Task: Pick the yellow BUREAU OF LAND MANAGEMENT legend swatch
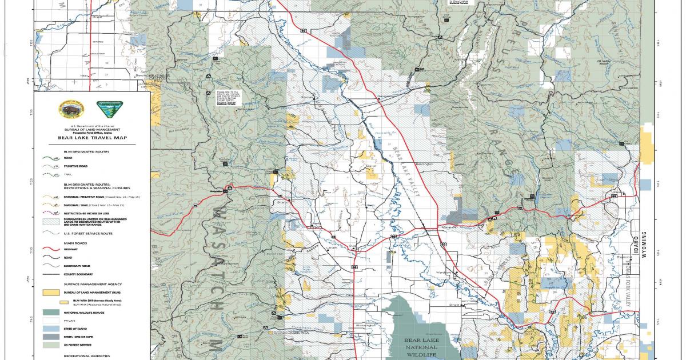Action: click(x=52, y=291)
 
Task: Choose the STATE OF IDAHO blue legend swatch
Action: click(x=52, y=330)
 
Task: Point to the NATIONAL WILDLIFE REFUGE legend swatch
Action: click(x=52, y=313)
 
